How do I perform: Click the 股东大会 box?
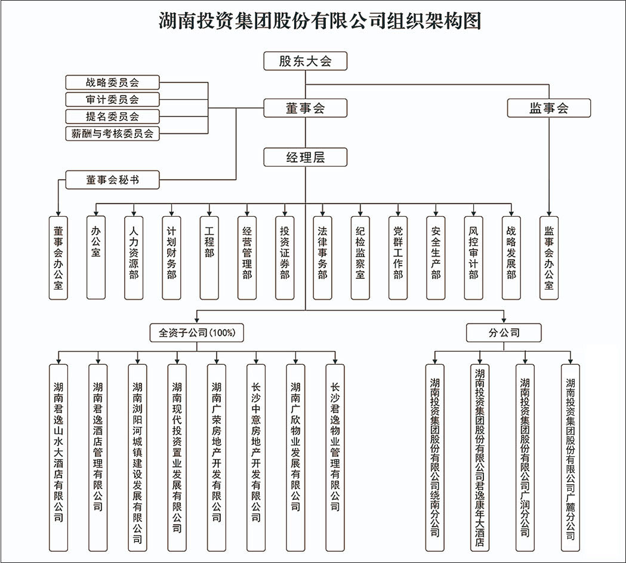tap(305, 61)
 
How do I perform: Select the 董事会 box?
tap(305, 108)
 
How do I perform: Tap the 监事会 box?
tap(548, 108)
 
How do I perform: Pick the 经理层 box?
tap(305, 158)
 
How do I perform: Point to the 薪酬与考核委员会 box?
tap(112, 134)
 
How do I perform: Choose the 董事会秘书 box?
tap(112, 180)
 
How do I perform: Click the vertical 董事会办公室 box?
tap(58, 257)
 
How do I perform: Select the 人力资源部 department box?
tap(134, 257)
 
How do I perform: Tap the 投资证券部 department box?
tap(285, 257)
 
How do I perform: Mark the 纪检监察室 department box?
tap(360, 257)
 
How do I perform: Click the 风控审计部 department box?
tap(473, 257)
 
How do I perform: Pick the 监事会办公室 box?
tap(548, 257)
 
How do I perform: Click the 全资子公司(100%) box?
tap(197, 333)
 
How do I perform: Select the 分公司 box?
tap(504, 333)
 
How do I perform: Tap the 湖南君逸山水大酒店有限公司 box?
tap(58, 457)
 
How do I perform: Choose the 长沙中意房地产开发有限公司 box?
tap(256, 457)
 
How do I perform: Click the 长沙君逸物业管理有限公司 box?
tap(335, 457)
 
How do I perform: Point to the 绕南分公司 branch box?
tap(435, 457)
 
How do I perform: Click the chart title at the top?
tap(320, 21)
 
